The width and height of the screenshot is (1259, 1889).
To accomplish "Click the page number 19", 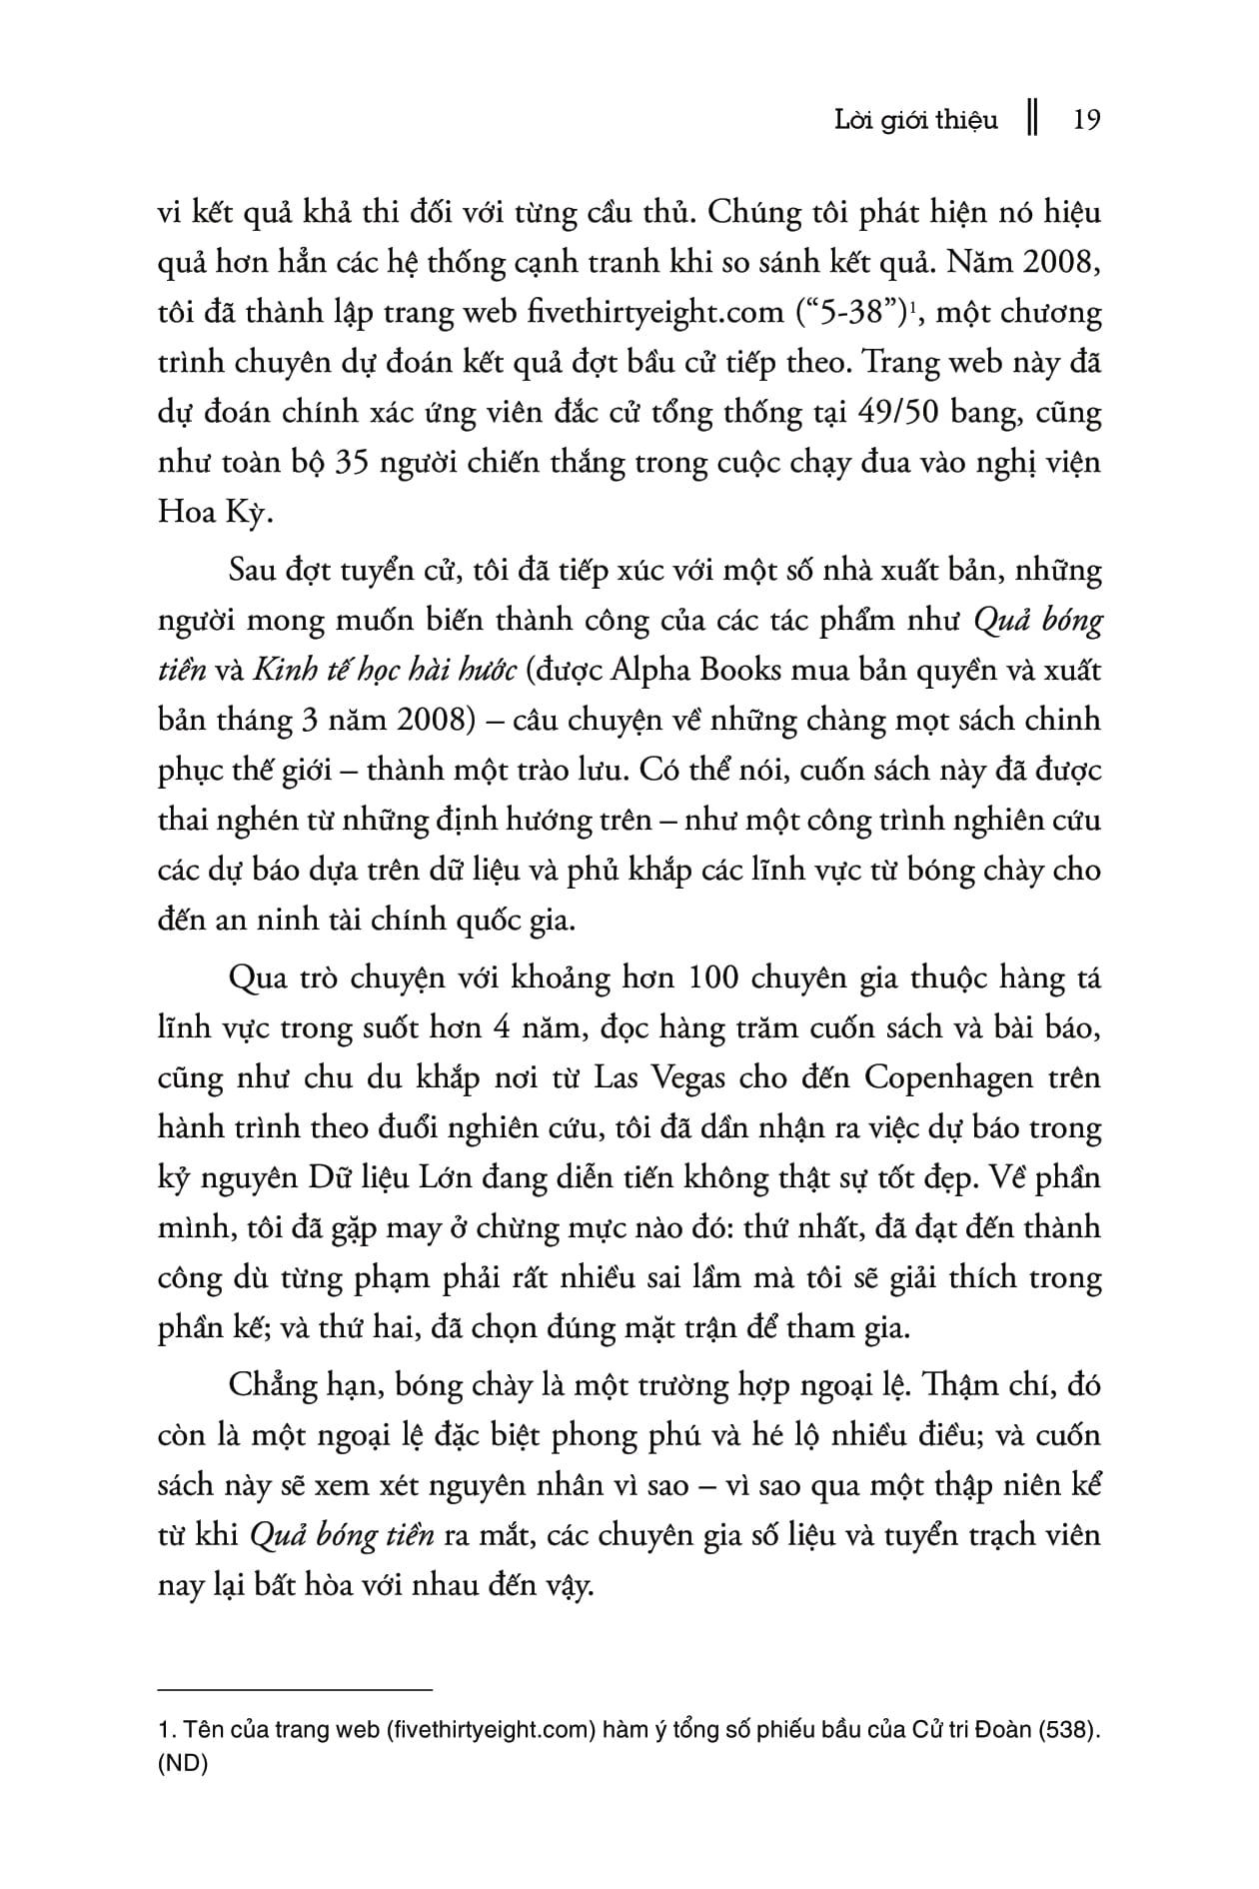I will point(1085,121).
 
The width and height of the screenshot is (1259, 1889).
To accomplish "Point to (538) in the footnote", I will point(1066,1730).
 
